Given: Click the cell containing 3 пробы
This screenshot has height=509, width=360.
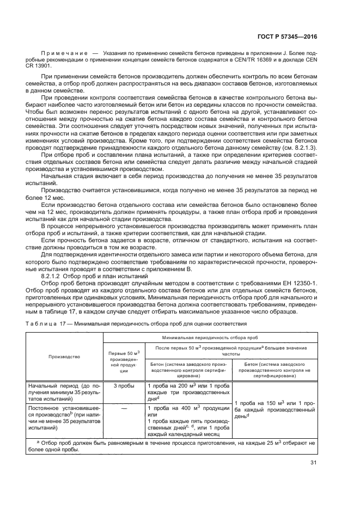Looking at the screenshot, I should [x=124, y=385].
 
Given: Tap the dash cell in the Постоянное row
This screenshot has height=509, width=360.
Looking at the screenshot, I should [x=124, y=406].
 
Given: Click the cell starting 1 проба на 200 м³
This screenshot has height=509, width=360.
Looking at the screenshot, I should [x=188, y=392].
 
